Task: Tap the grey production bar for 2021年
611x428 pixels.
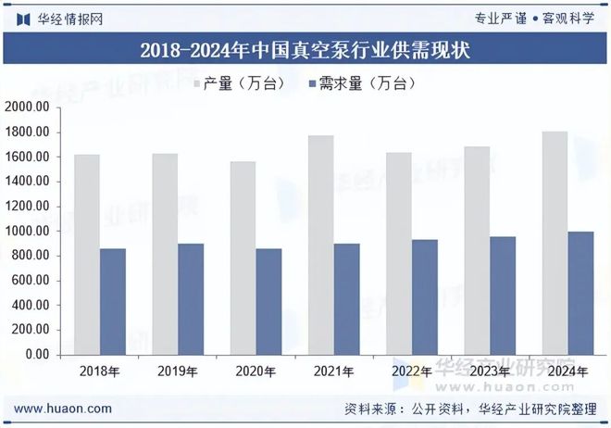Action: (320, 245)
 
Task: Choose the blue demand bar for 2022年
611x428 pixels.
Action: (425, 296)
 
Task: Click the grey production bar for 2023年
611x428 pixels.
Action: (476, 250)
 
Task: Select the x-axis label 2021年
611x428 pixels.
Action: (333, 371)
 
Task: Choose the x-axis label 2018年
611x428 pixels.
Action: (100, 371)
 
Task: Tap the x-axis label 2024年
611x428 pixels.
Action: (567, 371)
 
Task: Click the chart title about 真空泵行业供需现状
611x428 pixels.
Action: (305, 50)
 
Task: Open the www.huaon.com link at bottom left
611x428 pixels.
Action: (65, 409)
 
